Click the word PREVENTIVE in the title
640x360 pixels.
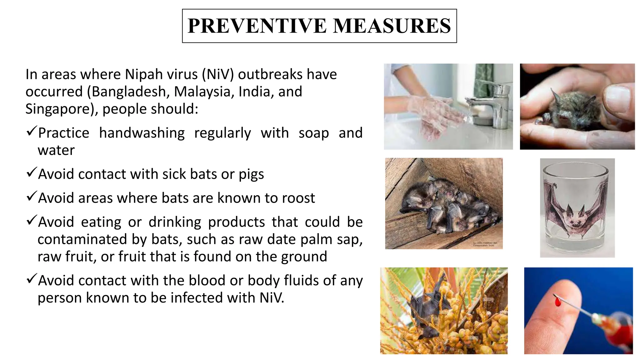click(x=257, y=26)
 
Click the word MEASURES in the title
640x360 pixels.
click(x=392, y=26)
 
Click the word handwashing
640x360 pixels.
click(x=142, y=133)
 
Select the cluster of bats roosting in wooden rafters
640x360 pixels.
click(x=444, y=206)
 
